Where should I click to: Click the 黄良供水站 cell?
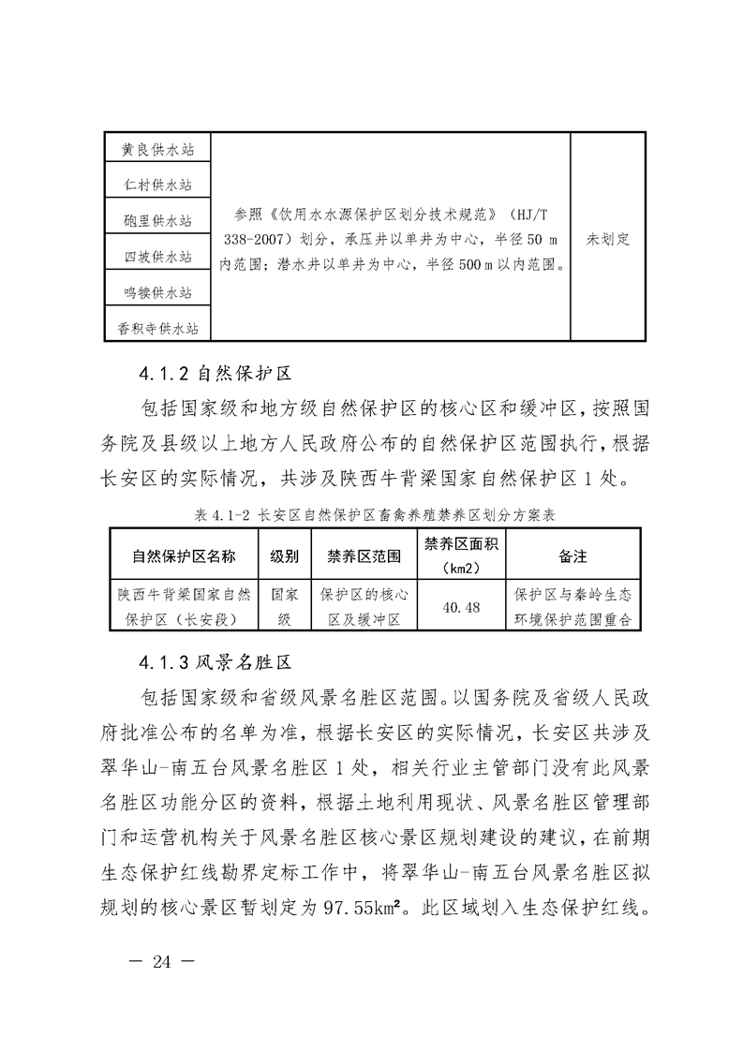coord(157,150)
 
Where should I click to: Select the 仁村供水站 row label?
coord(157,185)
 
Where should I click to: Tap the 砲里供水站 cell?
coord(157,221)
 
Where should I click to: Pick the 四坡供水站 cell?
coord(157,257)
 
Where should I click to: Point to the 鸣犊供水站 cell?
coord(157,292)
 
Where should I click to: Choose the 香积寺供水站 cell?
coord(157,328)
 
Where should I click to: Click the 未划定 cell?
coord(608,239)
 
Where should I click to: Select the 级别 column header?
coord(285,556)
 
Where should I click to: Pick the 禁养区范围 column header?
coord(364,556)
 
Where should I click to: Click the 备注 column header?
coord(573,556)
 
